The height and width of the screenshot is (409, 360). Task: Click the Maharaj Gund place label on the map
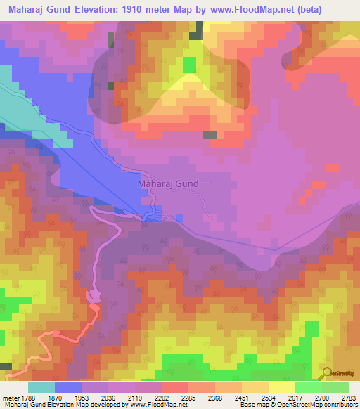pos(168,183)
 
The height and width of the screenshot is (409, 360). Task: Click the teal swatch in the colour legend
pos(41,387)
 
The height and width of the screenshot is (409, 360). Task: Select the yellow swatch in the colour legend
pos(281,387)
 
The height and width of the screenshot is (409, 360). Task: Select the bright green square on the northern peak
pos(189,65)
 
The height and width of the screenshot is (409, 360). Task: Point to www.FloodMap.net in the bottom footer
pos(159,405)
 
